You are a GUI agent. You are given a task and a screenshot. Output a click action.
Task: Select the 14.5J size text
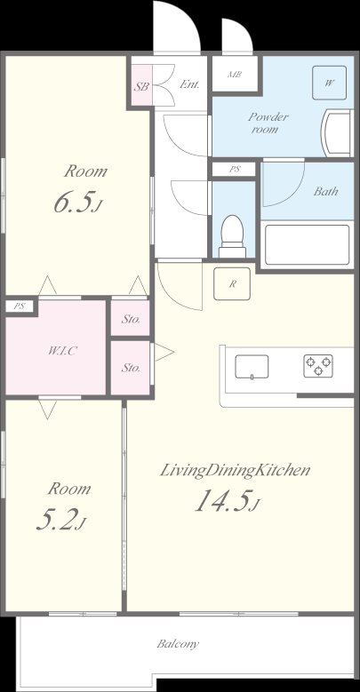point(227,504)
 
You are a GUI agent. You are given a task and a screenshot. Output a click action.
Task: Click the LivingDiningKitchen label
point(235,470)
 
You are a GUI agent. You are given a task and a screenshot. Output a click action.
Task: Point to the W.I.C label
point(62,350)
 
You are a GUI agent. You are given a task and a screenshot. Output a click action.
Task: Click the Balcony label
point(178,644)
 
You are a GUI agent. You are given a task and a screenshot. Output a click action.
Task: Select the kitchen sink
point(252,365)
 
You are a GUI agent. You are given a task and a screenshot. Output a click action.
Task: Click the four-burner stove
point(317,364)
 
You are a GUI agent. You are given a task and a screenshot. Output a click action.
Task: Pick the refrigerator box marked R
point(232,284)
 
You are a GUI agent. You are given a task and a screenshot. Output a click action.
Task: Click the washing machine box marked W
point(329,84)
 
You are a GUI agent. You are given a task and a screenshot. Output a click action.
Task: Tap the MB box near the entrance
point(236,75)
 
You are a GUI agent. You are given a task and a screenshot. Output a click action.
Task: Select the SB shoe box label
point(141,87)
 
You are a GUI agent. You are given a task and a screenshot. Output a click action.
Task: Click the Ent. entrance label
point(189,84)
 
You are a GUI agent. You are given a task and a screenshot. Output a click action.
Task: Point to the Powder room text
point(264,123)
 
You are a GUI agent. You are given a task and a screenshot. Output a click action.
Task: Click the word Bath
point(324,191)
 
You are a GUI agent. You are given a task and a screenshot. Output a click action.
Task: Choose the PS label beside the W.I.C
point(20,306)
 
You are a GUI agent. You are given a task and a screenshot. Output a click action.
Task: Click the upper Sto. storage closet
point(131,318)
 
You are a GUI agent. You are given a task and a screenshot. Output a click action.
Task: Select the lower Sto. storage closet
point(131,366)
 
